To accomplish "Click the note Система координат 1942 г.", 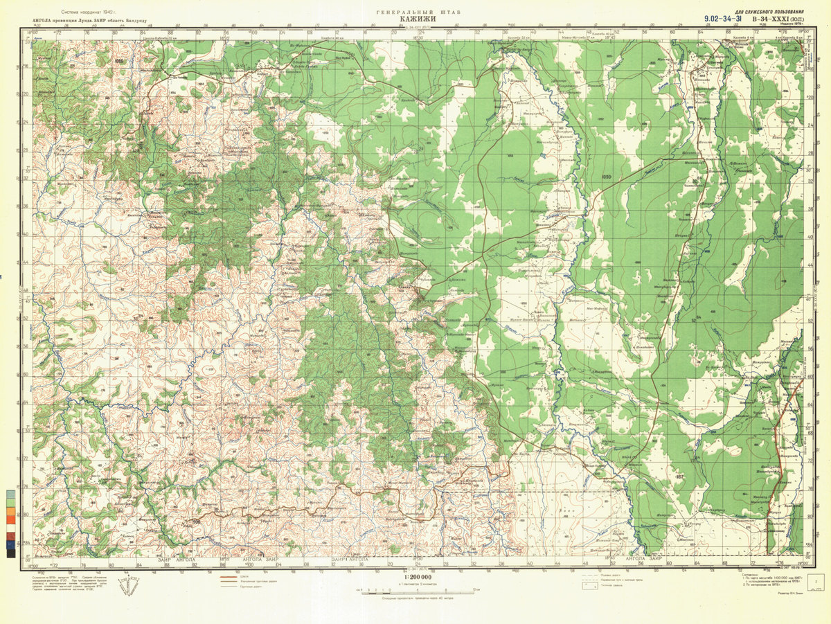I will point(90,12).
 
